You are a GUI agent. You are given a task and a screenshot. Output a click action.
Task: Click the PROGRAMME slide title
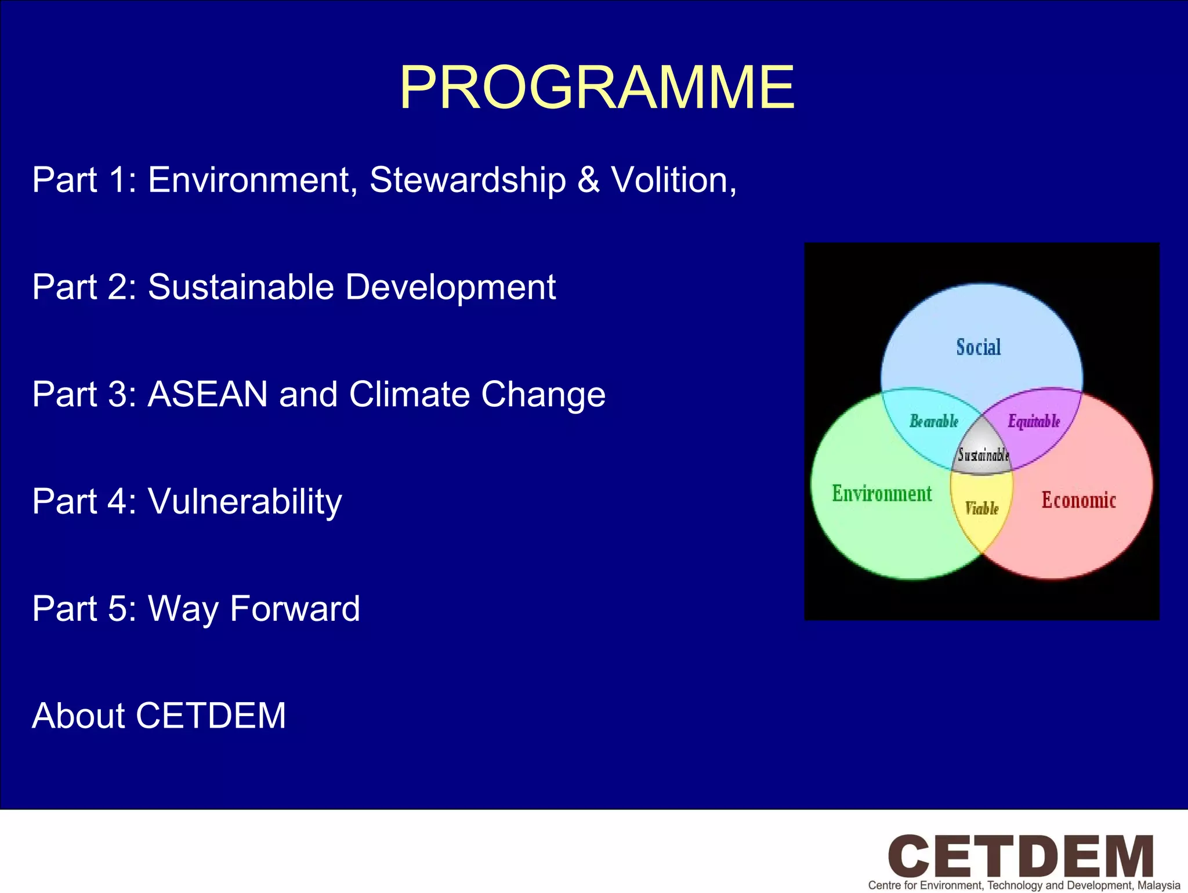[x=597, y=88]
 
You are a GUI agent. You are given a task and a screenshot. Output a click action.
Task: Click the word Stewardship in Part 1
[x=468, y=180]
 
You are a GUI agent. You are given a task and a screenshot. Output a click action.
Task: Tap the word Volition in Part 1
[x=673, y=180]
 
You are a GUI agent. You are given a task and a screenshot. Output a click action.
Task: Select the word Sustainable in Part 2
[x=241, y=287]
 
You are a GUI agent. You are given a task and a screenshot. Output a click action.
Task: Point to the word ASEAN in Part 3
[x=208, y=395]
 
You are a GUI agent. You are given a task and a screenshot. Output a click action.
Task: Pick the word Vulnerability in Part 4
[x=245, y=501]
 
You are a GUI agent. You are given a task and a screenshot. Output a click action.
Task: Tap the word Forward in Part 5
[x=295, y=609]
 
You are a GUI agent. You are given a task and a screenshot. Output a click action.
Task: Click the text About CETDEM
[x=159, y=715]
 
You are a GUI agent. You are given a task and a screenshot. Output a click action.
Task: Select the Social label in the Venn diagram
[x=979, y=347]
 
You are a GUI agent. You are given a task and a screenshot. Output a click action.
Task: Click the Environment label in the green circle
[x=882, y=493]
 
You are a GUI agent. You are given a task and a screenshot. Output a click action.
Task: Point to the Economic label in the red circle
[x=1078, y=500]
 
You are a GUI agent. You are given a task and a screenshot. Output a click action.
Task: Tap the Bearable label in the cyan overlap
[x=933, y=421]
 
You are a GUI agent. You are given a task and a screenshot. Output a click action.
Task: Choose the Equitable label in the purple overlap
[x=1034, y=421]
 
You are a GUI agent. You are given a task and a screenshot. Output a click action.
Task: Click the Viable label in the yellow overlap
[x=981, y=508]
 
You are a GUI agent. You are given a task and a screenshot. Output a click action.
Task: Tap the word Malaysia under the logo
[x=1158, y=885]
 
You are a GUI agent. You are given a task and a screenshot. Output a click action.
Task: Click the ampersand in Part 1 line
[x=588, y=180]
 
